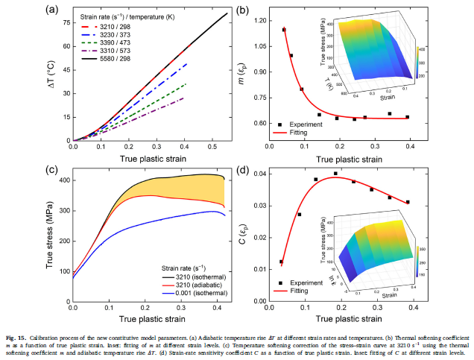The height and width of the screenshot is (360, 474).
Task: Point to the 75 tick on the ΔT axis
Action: (x=65, y=22)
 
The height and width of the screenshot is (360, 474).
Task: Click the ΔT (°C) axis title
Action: (x=51, y=75)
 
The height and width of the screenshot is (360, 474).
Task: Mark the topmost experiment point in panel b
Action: (x=284, y=30)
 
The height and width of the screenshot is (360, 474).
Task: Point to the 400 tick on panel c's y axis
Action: (x=63, y=180)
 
